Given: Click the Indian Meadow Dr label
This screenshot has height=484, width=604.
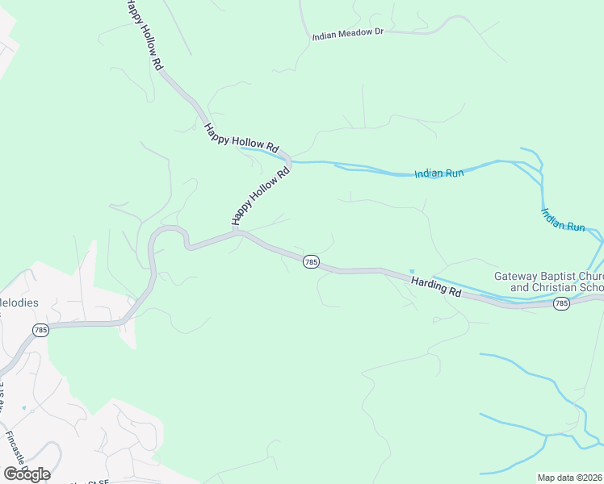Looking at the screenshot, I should [x=347, y=33].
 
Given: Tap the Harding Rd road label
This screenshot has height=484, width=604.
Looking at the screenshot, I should [x=435, y=286].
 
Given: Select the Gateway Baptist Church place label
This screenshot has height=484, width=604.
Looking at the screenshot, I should [x=548, y=276].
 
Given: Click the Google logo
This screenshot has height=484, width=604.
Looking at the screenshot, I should [x=27, y=474].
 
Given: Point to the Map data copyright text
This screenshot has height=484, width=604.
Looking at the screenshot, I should [x=570, y=478].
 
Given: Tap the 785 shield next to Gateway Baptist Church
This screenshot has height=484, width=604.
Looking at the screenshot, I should [x=562, y=303].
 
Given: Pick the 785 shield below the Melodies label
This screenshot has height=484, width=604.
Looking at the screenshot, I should [x=41, y=330].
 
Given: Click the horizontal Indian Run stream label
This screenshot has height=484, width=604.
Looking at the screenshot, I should [x=438, y=173].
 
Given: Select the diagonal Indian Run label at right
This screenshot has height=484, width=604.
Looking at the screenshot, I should [x=563, y=220].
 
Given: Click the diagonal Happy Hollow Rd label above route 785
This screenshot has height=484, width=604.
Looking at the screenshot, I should [x=260, y=196].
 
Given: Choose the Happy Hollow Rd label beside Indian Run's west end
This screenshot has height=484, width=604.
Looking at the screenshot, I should [x=241, y=138].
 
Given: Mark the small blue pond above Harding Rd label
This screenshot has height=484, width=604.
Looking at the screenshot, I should [x=412, y=271].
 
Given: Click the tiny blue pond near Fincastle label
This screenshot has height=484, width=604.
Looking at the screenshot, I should [x=23, y=408].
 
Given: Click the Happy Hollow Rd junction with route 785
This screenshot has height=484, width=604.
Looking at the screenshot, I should [x=237, y=232].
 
